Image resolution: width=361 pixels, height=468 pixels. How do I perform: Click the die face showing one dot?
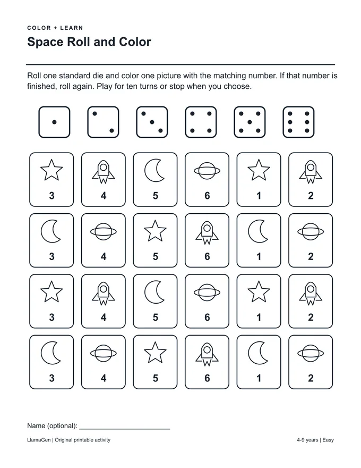(x=54, y=122)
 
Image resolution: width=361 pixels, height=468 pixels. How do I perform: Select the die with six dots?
(x=298, y=122)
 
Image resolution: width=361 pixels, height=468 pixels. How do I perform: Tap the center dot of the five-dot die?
(x=250, y=122)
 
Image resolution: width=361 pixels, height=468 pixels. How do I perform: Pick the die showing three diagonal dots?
(x=152, y=122)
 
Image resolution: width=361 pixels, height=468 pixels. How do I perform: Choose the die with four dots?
(x=201, y=122)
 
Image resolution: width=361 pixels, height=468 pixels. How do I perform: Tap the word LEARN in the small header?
(x=72, y=28)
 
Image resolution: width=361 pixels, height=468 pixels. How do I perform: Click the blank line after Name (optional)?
(x=125, y=429)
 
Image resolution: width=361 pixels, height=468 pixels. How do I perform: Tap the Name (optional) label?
(x=52, y=426)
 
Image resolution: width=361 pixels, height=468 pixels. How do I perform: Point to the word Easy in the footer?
(x=328, y=440)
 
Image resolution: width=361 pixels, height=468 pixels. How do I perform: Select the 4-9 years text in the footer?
(x=307, y=440)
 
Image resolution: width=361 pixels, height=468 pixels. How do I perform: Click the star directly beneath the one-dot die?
(x=51, y=170)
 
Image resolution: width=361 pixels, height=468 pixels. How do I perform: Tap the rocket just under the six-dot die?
(x=311, y=172)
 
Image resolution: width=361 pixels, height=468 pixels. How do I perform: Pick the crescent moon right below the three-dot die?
(x=154, y=170)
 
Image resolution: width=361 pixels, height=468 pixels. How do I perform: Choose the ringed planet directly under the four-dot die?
(x=207, y=171)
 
